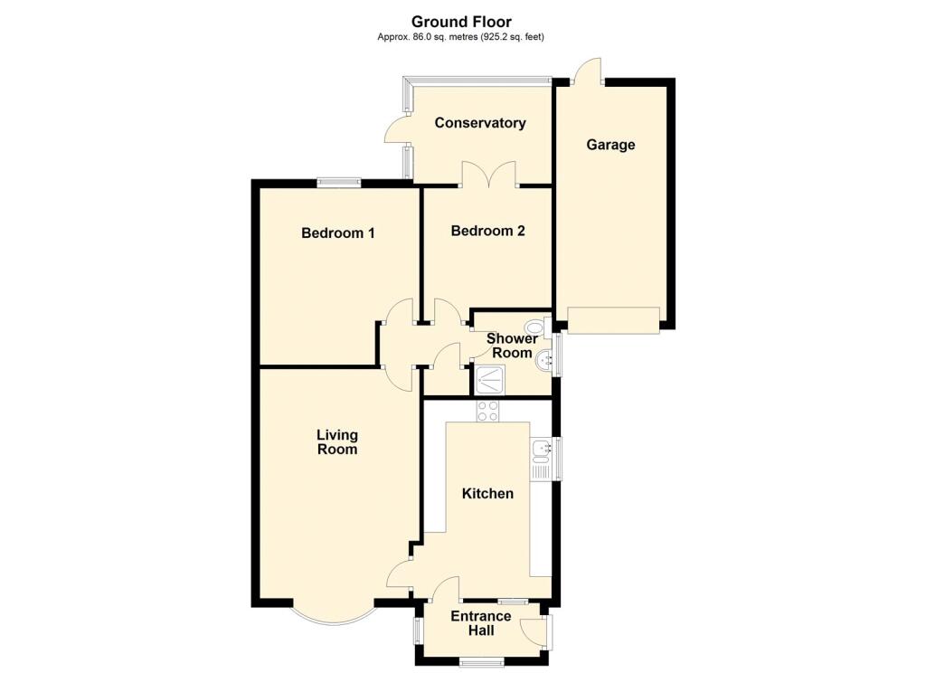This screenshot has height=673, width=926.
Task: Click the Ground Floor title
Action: (x=461, y=22)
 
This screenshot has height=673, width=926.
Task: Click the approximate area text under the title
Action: (x=461, y=37)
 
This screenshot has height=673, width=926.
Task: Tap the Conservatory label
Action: (x=480, y=123)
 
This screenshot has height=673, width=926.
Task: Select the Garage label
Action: (x=610, y=144)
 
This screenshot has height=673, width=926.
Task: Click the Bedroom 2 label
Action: (x=487, y=231)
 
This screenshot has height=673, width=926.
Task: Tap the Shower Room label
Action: (x=512, y=346)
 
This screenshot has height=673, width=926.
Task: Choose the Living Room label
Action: (x=336, y=441)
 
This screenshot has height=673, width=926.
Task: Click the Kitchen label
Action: (x=487, y=493)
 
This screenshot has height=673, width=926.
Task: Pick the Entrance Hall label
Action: (x=480, y=623)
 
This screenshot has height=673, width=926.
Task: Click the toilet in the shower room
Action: (x=535, y=327)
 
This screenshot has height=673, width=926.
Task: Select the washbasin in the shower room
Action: (x=544, y=361)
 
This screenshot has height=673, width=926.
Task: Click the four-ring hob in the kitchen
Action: (x=488, y=411)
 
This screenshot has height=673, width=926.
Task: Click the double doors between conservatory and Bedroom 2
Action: (x=488, y=175)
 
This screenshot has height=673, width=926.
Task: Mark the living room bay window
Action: (x=333, y=617)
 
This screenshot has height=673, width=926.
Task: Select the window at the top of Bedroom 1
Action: (x=339, y=182)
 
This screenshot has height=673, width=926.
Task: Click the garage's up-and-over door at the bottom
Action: (x=614, y=320)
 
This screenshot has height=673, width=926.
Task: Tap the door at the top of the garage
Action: (x=589, y=71)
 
